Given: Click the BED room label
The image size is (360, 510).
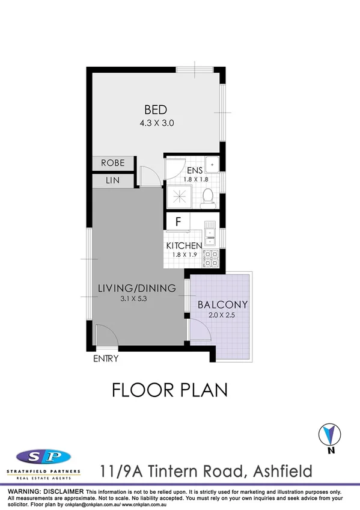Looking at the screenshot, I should click(155, 109).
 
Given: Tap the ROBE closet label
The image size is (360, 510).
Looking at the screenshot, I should click(112, 162).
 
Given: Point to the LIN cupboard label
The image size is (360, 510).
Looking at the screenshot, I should click(112, 180).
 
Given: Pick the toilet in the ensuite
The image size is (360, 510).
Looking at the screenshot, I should click(209, 196).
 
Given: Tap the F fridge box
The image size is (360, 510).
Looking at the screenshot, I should click(178, 221).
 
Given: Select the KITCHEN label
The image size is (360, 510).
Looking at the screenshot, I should click(183, 245).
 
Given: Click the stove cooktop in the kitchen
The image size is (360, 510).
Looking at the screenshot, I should click(211, 259).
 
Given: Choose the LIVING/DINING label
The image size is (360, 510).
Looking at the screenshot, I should click(136, 288).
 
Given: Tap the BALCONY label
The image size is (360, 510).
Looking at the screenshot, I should click(222, 304).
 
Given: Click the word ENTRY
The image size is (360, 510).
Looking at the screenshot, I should click(106, 359).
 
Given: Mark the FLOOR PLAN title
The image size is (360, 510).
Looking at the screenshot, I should click(170, 390).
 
